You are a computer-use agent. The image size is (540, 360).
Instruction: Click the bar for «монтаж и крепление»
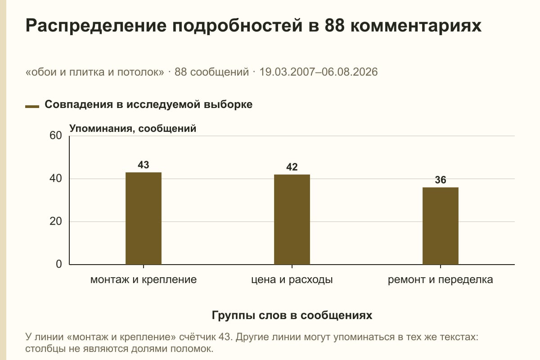point(144,218)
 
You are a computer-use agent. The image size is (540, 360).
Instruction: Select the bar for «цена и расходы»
point(292,220)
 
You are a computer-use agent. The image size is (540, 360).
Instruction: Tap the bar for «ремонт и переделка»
point(441,226)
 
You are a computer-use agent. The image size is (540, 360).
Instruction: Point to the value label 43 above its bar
point(144,165)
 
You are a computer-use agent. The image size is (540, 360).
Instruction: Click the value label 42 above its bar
point(292,167)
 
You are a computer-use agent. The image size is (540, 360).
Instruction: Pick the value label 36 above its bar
point(441,180)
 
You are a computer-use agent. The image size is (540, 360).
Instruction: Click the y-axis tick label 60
point(56,135)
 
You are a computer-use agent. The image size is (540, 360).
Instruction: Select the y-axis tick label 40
point(56,179)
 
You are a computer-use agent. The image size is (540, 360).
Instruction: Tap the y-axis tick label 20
point(56,221)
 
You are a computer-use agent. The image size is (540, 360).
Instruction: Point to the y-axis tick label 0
point(59,264)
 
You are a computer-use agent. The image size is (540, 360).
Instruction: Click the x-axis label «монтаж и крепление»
point(144,280)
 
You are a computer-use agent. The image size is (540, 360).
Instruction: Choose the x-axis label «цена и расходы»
point(292,280)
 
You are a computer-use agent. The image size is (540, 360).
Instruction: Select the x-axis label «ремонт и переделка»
point(441,280)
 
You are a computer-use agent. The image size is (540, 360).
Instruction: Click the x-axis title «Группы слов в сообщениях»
point(292,315)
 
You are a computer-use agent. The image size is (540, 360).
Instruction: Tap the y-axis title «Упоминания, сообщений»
point(133,129)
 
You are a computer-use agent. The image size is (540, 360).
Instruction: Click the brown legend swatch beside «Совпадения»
point(32,107)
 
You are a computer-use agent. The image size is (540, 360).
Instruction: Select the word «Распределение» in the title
point(96,26)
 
